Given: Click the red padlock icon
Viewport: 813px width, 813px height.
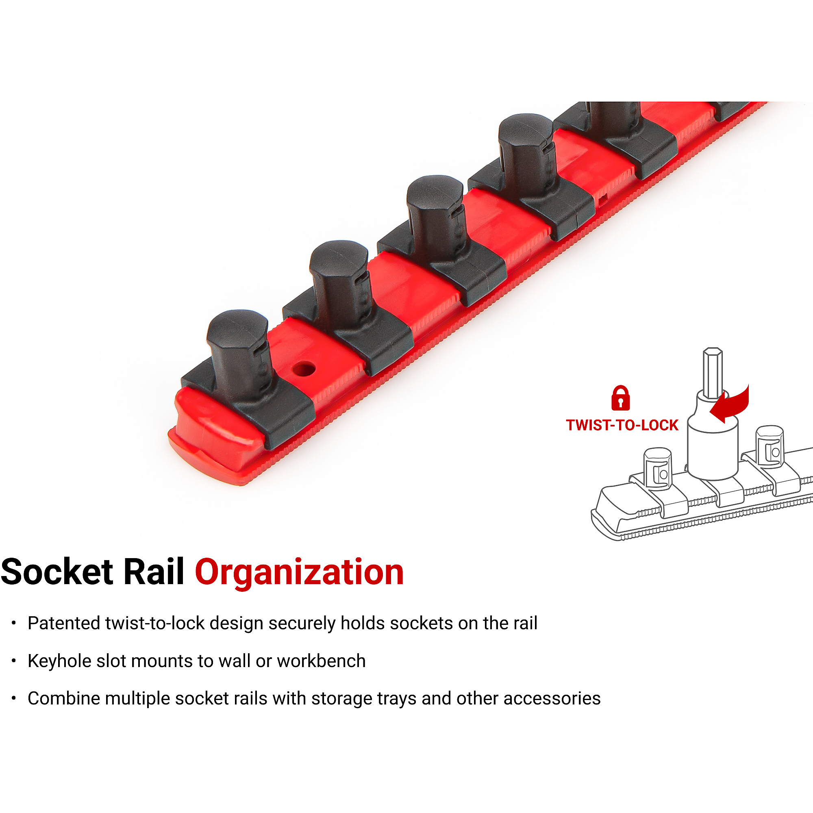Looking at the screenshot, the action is point(620,398).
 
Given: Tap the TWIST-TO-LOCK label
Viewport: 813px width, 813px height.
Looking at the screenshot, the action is point(622,426).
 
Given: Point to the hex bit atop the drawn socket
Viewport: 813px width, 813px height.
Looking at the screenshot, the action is point(713,373).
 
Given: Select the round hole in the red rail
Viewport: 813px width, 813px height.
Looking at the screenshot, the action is point(304,370).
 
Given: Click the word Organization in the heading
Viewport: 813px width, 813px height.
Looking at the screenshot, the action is point(299,572).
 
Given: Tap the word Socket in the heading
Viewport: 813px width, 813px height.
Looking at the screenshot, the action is point(57,572).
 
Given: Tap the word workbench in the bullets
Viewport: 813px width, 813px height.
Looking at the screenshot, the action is point(321,661).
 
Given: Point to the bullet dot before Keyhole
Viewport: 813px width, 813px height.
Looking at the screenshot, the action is point(14,661).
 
